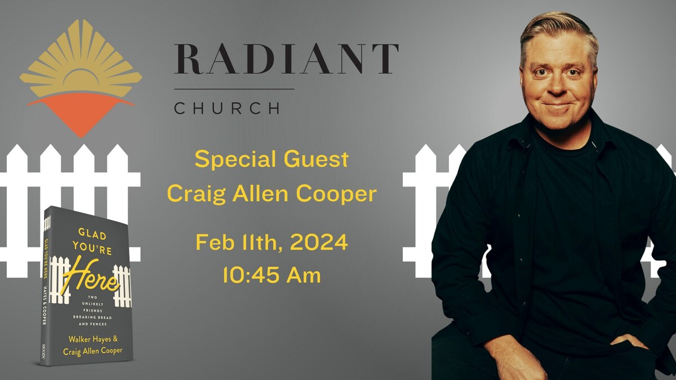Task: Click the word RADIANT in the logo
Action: point(286,59)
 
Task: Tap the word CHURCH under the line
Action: point(226,108)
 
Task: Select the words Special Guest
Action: point(272,159)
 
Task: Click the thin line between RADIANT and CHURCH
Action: point(234,89)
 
